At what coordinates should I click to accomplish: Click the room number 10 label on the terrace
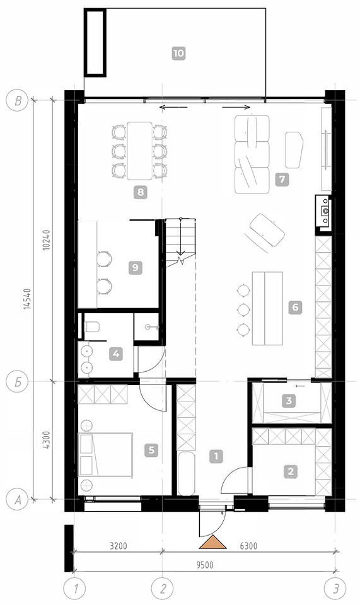pos(178,53)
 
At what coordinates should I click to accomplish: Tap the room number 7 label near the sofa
pos(282,179)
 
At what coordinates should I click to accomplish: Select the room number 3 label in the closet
pos(289,401)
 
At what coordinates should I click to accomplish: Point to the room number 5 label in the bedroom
pos(151,449)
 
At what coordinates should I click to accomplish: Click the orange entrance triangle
pos(212,542)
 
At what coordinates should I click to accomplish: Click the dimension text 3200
pos(119,546)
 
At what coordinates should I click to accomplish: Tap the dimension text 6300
pos(248,546)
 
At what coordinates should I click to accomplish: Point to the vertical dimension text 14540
pos(26,299)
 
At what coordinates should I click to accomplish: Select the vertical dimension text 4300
pos(46,441)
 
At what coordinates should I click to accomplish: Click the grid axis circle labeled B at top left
pos(18,101)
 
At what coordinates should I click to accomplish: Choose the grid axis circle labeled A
pos(18,500)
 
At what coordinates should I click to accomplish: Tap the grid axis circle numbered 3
pos(337,589)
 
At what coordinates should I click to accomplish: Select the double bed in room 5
pos(105,454)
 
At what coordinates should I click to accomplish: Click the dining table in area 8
pos(140,151)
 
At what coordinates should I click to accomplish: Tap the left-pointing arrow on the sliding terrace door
pos(173,107)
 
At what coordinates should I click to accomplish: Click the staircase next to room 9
pos(180,242)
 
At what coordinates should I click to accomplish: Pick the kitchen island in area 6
pos(267,308)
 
